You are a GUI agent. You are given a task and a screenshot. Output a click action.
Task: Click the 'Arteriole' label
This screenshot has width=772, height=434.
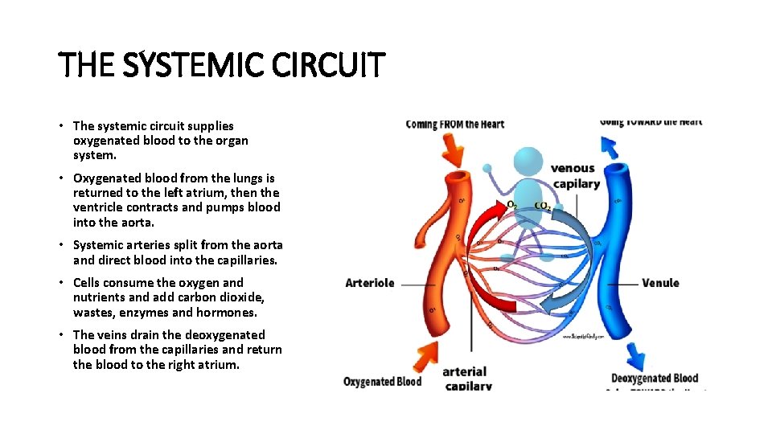[x=369, y=283]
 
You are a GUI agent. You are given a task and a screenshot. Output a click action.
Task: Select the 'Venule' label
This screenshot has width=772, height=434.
[x=660, y=283]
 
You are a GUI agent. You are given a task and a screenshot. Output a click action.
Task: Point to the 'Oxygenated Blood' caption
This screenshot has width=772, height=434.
[x=382, y=381]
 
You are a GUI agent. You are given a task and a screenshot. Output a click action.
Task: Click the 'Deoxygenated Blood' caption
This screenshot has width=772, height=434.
[x=655, y=379]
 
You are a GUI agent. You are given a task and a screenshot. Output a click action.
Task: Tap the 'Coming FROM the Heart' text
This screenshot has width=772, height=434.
[x=454, y=124]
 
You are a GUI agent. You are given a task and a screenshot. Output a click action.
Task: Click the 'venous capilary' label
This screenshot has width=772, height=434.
[x=575, y=176]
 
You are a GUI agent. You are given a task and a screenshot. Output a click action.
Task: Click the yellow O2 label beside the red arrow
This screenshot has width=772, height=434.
[x=511, y=205]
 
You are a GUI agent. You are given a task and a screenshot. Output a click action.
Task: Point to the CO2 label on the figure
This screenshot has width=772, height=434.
[x=543, y=206]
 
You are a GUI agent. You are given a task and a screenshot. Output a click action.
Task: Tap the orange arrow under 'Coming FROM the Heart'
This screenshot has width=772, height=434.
[x=454, y=149]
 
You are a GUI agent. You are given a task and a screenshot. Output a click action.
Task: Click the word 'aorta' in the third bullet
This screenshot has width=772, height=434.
[x=265, y=244]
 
